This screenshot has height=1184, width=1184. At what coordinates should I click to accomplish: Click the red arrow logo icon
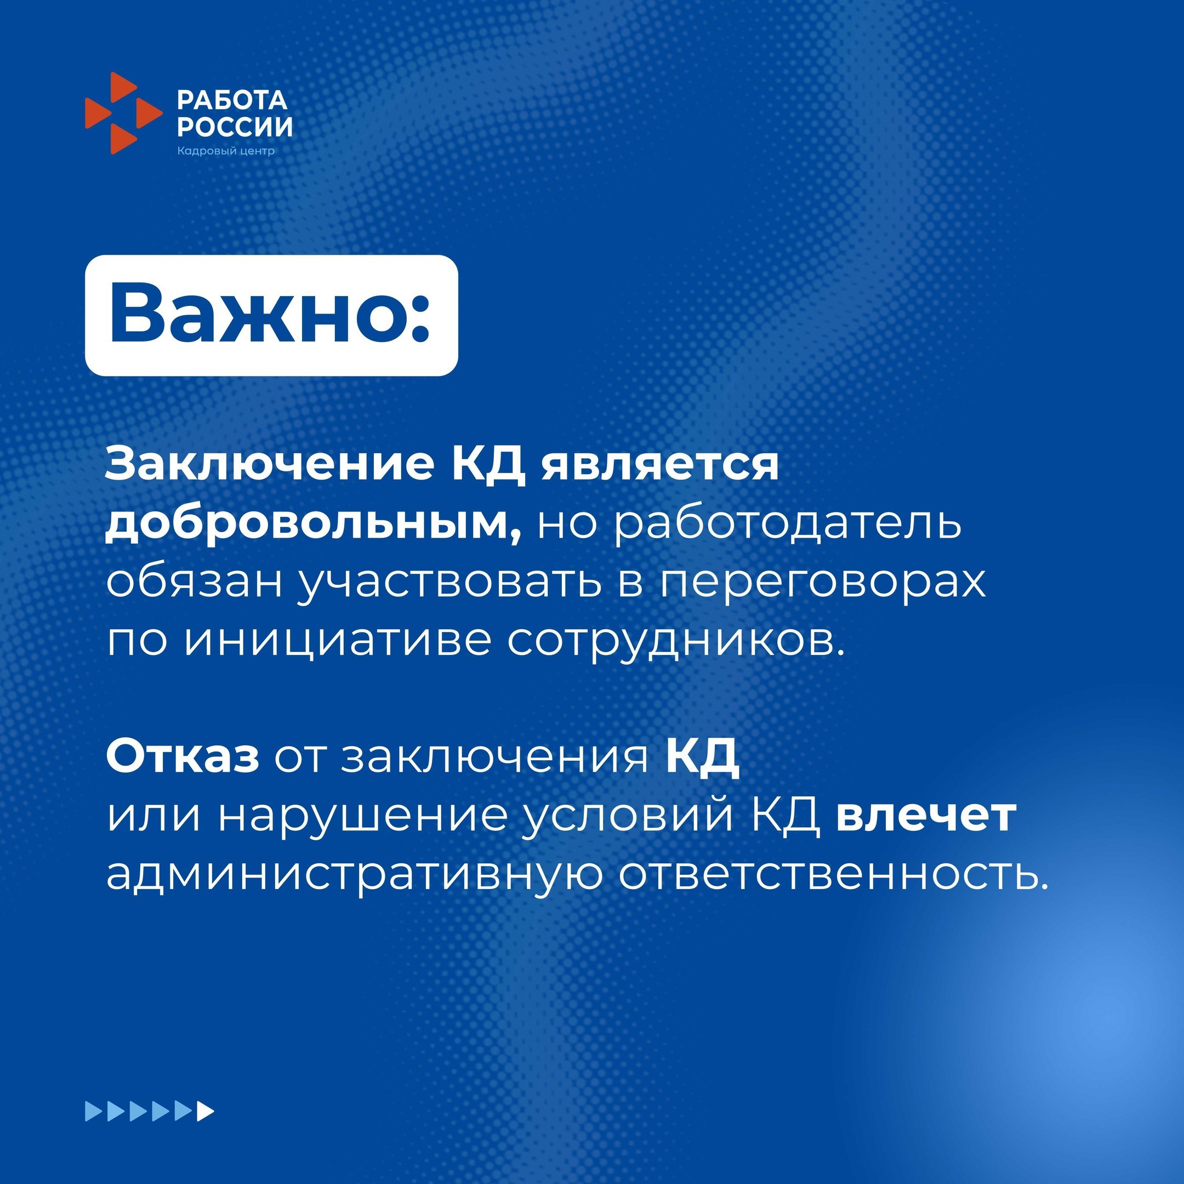pyautogui.click(x=123, y=113)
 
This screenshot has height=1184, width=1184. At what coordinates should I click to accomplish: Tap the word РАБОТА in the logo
pyautogui.click(x=232, y=100)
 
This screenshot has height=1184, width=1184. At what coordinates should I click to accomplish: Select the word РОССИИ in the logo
pyautogui.click(x=235, y=127)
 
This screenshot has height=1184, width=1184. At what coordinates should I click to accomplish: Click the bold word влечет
pyautogui.click(x=926, y=816)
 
